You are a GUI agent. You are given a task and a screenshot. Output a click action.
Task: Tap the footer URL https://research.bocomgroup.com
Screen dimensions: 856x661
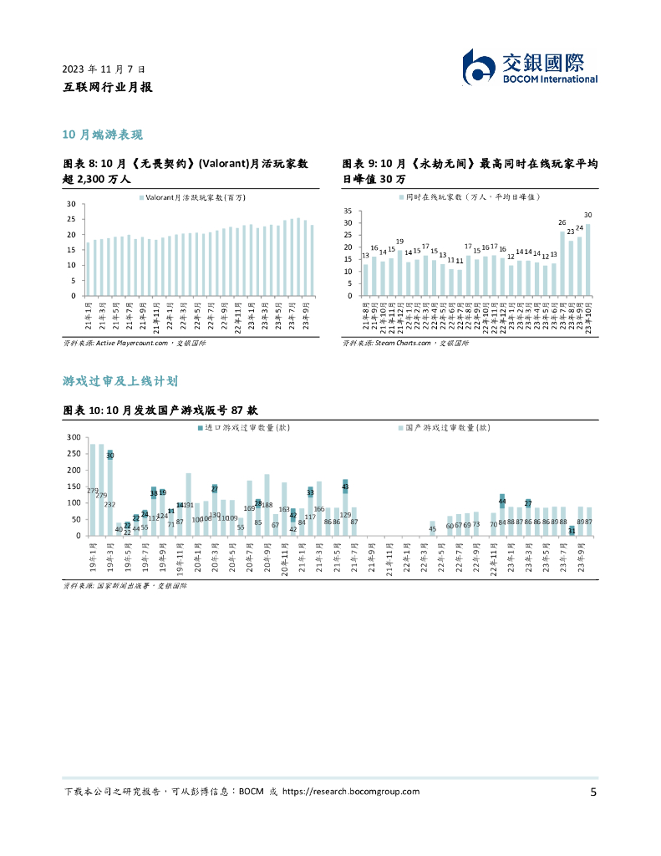pyautogui.click(x=351, y=792)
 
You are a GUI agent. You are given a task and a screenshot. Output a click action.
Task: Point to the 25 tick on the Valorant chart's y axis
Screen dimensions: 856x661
pyautogui.click(x=71, y=220)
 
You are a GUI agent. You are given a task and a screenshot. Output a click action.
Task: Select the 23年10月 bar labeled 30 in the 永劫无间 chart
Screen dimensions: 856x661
pyautogui.click(x=588, y=259)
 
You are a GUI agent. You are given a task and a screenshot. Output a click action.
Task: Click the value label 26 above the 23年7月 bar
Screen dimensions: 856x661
pyautogui.click(x=562, y=222)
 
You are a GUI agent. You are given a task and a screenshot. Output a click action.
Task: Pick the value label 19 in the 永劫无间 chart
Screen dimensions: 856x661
pyautogui.click(x=399, y=242)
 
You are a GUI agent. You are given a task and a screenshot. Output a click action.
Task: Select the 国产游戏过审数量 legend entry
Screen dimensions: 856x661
pyautogui.click(x=444, y=427)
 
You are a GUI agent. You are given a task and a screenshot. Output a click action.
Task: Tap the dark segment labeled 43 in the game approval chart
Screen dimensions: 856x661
pyautogui.click(x=345, y=486)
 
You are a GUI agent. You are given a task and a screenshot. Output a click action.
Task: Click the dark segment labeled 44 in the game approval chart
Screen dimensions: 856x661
pyautogui.click(x=502, y=501)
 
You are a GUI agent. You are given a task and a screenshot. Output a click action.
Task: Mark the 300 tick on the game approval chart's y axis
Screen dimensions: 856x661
pyautogui.click(x=73, y=438)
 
